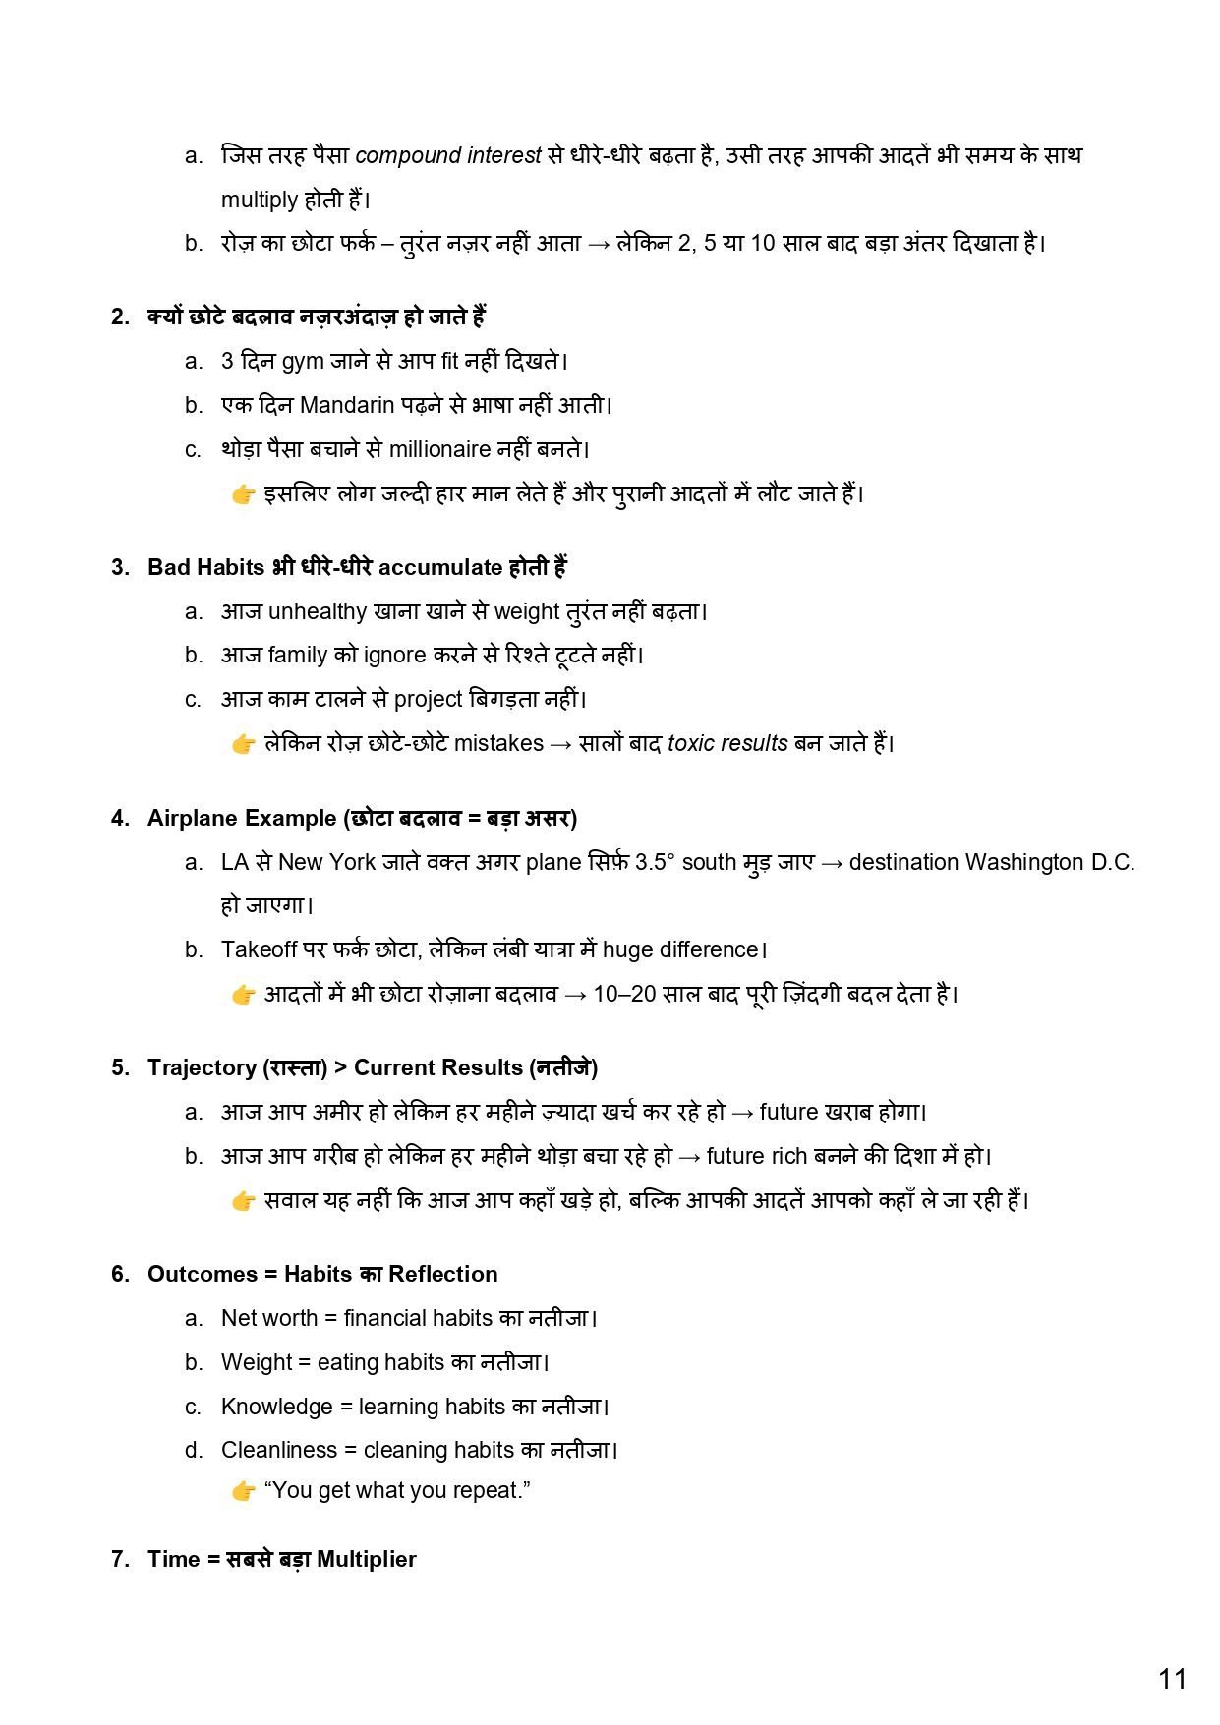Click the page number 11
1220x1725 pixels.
click(1172, 1679)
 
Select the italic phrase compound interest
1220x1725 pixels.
click(448, 155)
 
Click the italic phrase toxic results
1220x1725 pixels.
click(727, 743)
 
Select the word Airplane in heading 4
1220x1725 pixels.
click(193, 818)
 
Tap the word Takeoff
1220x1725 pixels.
click(259, 949)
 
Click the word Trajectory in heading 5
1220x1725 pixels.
click(203, 1067)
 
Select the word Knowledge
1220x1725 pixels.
click(276, 1407)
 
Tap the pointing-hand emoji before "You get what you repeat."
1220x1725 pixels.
click(243, 1491)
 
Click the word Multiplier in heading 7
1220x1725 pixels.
click(366, 1559)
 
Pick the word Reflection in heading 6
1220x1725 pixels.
click(442, 1274)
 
